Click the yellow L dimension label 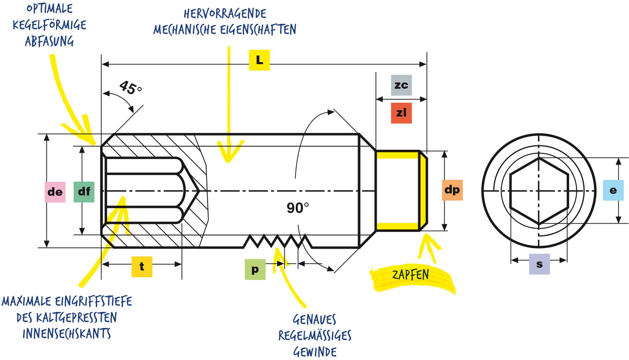(x=259, y=60)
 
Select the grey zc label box (x=401, y=85)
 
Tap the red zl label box (x=401, y=113)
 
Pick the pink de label (x=55, y=192)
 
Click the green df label (x=84, y=192)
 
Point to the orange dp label (x=452, y=190)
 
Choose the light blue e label (x=613, y=190)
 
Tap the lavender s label (x=539, y=264)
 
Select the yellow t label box (x=142, y=267)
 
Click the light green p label (x=255, y=269)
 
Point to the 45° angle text (x=130, y=88)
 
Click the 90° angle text (x=298, y=208)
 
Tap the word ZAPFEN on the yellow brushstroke (x=411, y=275)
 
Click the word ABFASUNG (x=49, y=41)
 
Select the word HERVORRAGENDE (x=225, y=13)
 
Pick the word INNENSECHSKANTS (x=67, y=334)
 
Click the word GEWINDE (x=315, y=352)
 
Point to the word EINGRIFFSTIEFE (x=93, y=301)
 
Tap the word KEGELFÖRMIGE (x=49, y=25)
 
